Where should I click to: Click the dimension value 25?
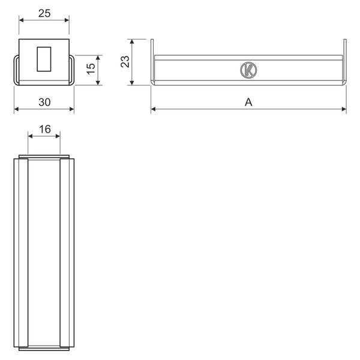(x=44, y=13)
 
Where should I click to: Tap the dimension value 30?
(x=44, y=102)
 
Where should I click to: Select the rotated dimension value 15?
(x=91, y=68)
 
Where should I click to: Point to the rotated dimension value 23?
(x=125, y=62)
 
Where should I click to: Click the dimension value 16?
(x=45, y=129)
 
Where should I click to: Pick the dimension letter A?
(x=248, y=102)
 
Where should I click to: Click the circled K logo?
(x=248, y=70)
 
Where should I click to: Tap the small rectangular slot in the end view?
(x=44, y=59)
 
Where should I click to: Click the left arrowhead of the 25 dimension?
(x=21, y=20)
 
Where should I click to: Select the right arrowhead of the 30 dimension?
(x=71, y=109)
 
